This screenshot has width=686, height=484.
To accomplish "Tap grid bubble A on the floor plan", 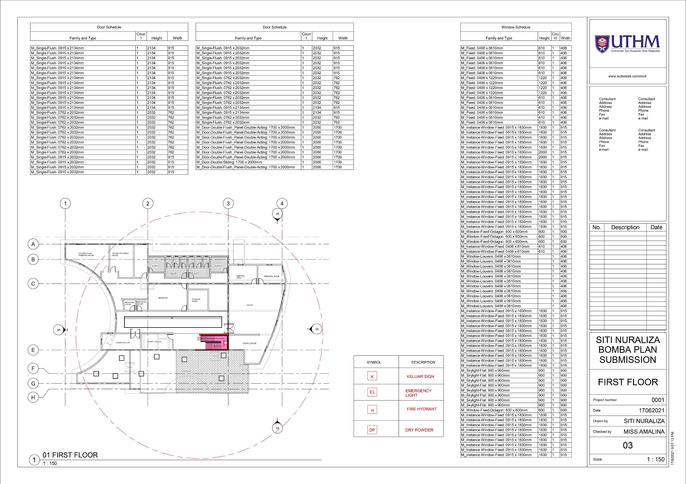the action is [33, 244].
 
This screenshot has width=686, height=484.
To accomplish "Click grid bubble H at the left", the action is [33, 397].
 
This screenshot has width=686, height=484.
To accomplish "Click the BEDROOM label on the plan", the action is [163, 298].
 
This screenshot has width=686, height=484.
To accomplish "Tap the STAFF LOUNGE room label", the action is [250, 343].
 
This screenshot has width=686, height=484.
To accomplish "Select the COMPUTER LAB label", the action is [123, 343].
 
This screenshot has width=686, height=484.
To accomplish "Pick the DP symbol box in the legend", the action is [372, 430].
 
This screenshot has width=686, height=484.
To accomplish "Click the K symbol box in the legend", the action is [372, 377].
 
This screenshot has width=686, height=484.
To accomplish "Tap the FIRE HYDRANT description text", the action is [421, 409].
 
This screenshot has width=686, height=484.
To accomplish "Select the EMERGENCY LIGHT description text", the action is [418, 393].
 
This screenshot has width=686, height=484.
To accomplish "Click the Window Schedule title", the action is [516, 27].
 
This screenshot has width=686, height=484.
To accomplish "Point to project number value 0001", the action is [658, 400].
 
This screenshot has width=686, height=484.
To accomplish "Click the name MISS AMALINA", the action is [644, 431].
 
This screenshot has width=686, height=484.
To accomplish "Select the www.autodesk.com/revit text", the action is [627, 76].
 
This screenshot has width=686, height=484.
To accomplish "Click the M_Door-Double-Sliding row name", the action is [229, 162].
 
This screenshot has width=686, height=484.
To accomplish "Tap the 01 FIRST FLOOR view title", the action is [70, 455].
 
